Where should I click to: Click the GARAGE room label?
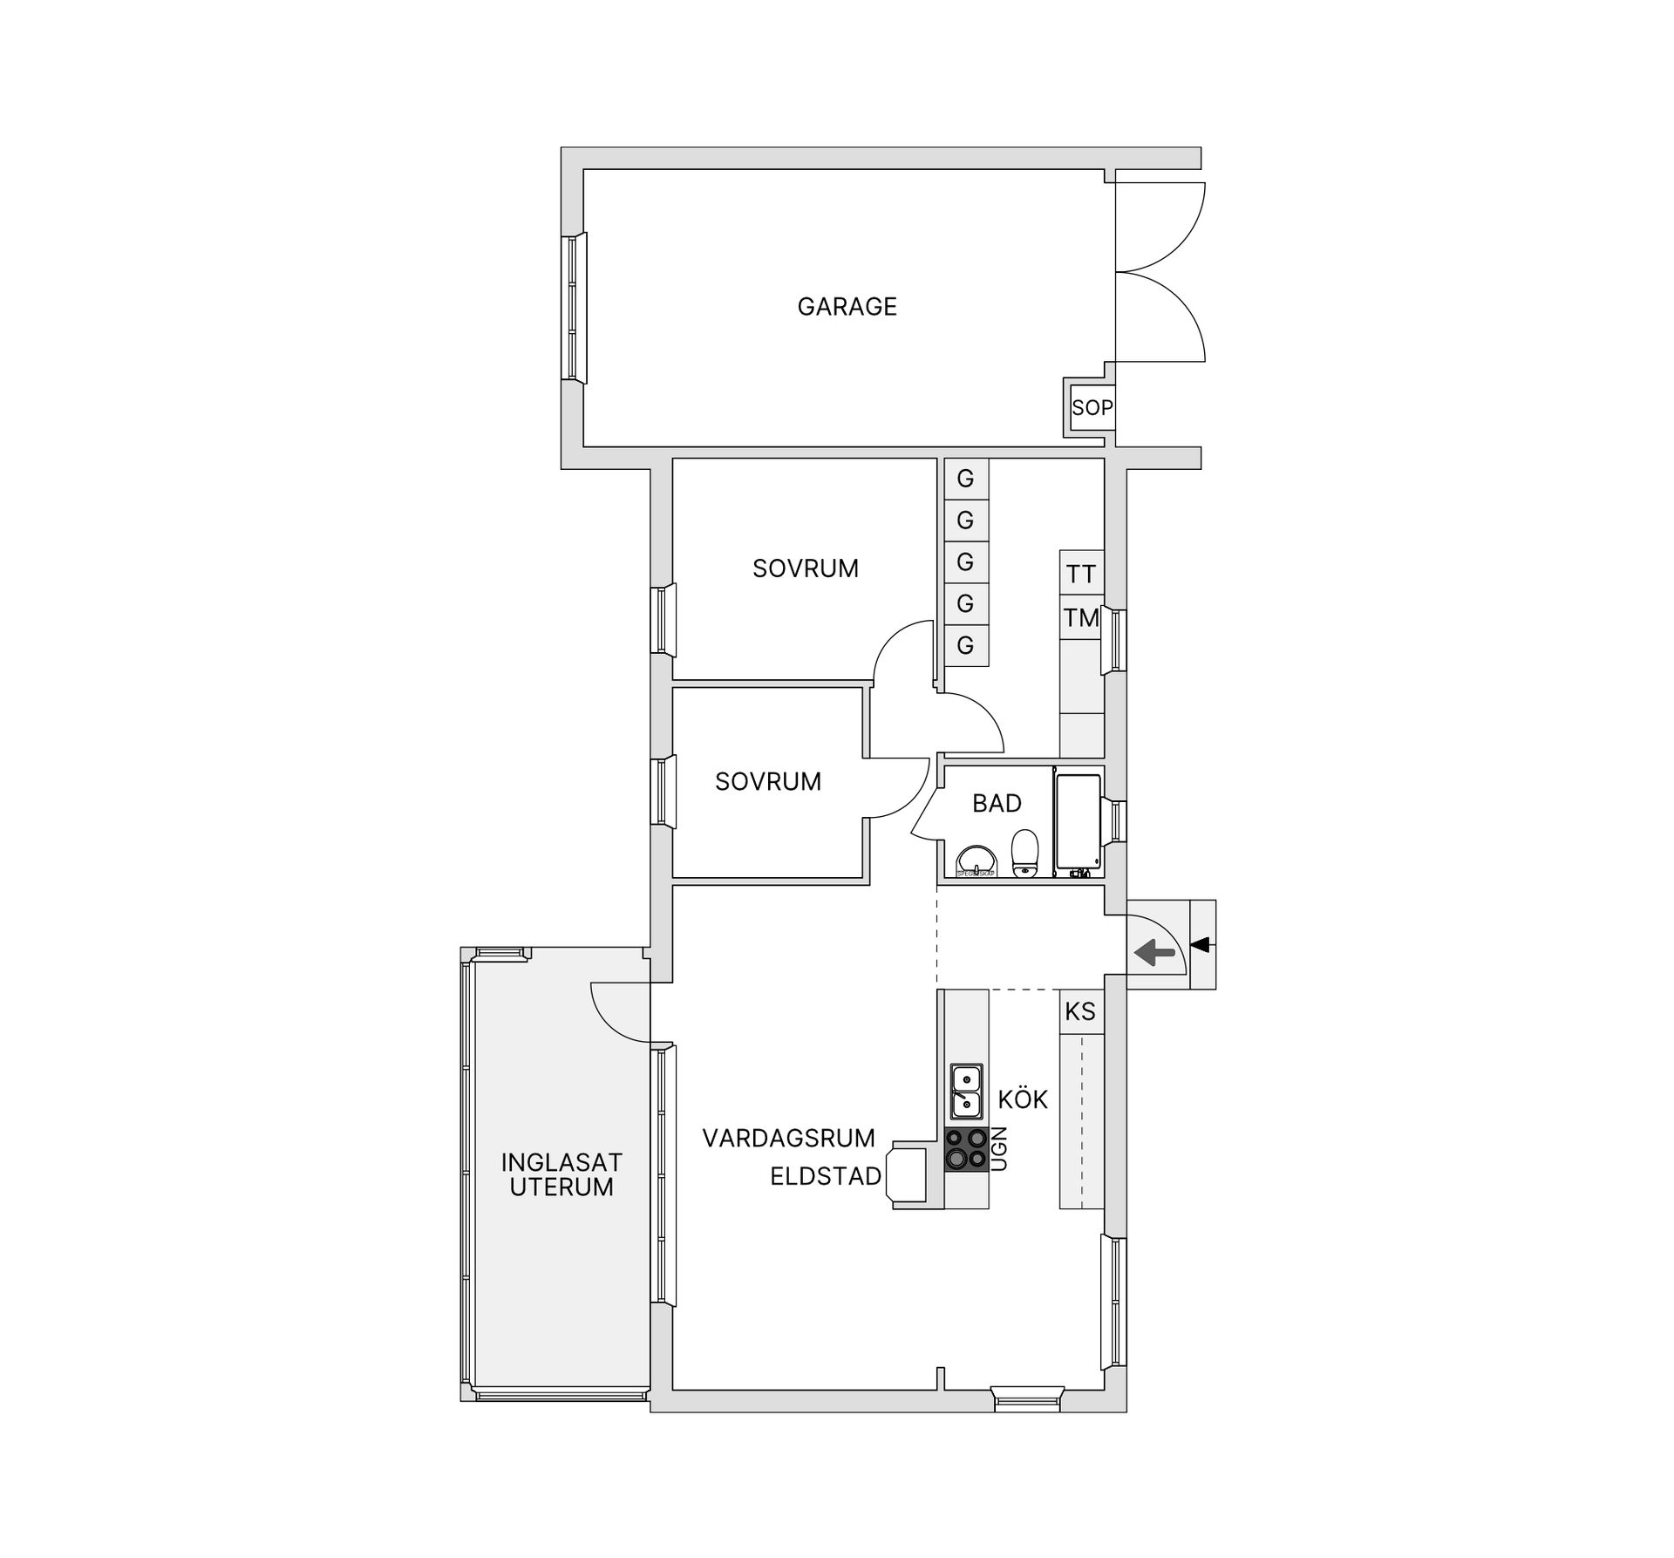coord(847,307)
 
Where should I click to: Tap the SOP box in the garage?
coord(1092,407)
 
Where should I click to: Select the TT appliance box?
coord(1081,574)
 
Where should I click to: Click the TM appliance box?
coord(1081,618)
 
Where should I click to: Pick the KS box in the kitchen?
coord(1080,1011)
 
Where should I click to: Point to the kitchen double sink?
coord(966,1092)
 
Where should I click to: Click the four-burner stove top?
coord(966,1149)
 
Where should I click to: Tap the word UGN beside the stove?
coord(1000,1148)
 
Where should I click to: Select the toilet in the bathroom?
coord(1025,852)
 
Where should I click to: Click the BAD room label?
coord(997,803)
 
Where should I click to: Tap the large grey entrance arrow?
coord(1155,953)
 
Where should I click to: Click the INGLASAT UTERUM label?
coord(561,1174)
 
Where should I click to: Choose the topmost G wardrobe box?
coord(965,479)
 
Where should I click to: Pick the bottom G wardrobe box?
coord(965,645)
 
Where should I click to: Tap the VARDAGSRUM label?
coord(788,1138)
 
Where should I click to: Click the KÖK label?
coord(1023,1100)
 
